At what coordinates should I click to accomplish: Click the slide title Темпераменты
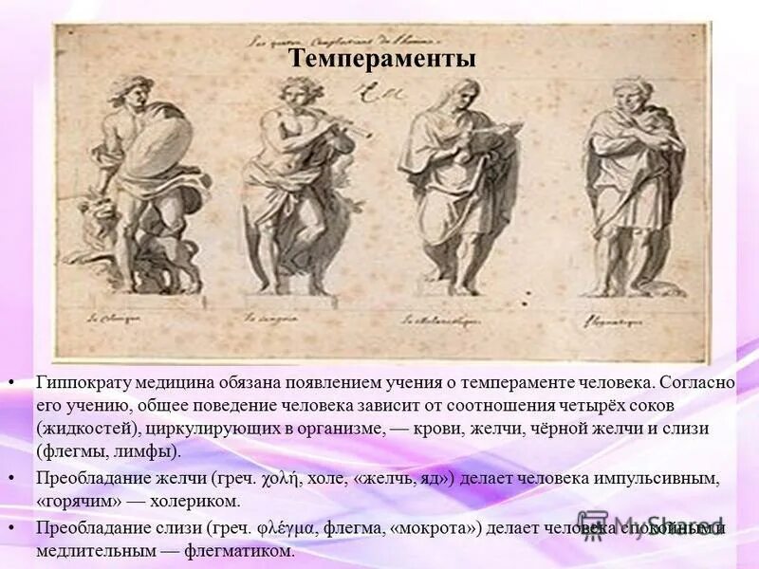381,59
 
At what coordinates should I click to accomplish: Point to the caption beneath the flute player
268,319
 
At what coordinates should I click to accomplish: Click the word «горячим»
72,501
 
